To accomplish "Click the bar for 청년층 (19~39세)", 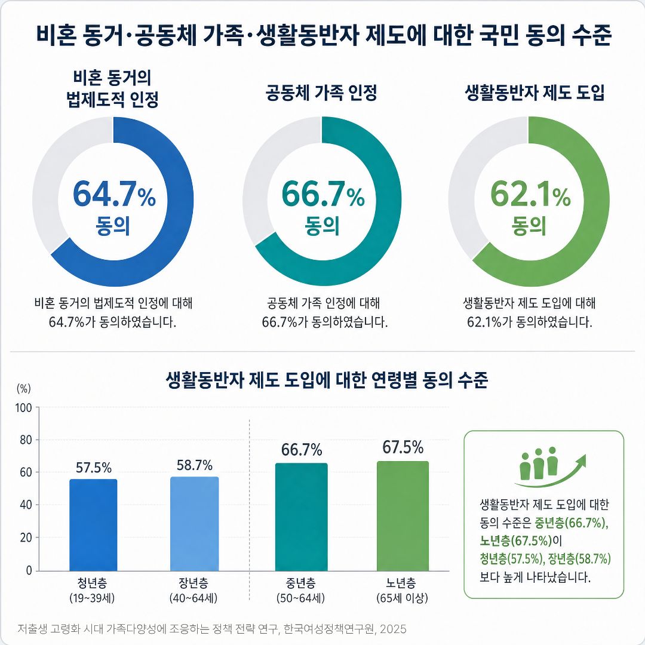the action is (x=93, y=525).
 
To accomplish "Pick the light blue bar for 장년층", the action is (x=195, y=524).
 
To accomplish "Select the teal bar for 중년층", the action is (x=302, y=517).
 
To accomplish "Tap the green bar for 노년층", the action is (x=403, y=516).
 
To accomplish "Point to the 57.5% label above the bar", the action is (x=94, y=468).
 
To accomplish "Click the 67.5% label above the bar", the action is (x=403, y=447).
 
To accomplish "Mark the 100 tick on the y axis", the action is (x=23, y=408).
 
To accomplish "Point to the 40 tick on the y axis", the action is (x=26, y=505).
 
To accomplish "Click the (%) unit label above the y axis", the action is (x=23, y=388).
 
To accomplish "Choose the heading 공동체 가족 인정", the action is (x=321, y=93).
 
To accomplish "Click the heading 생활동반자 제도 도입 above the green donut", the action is (x=535, y=93).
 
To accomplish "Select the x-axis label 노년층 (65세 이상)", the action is (x=402, y=590).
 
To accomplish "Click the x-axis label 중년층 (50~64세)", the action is (x=300, y=590).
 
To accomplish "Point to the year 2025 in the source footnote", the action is (x=393, y=629).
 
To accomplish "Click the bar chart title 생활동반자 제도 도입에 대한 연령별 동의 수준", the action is (x=327, y=380).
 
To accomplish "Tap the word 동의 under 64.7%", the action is (x=113, y=226).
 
